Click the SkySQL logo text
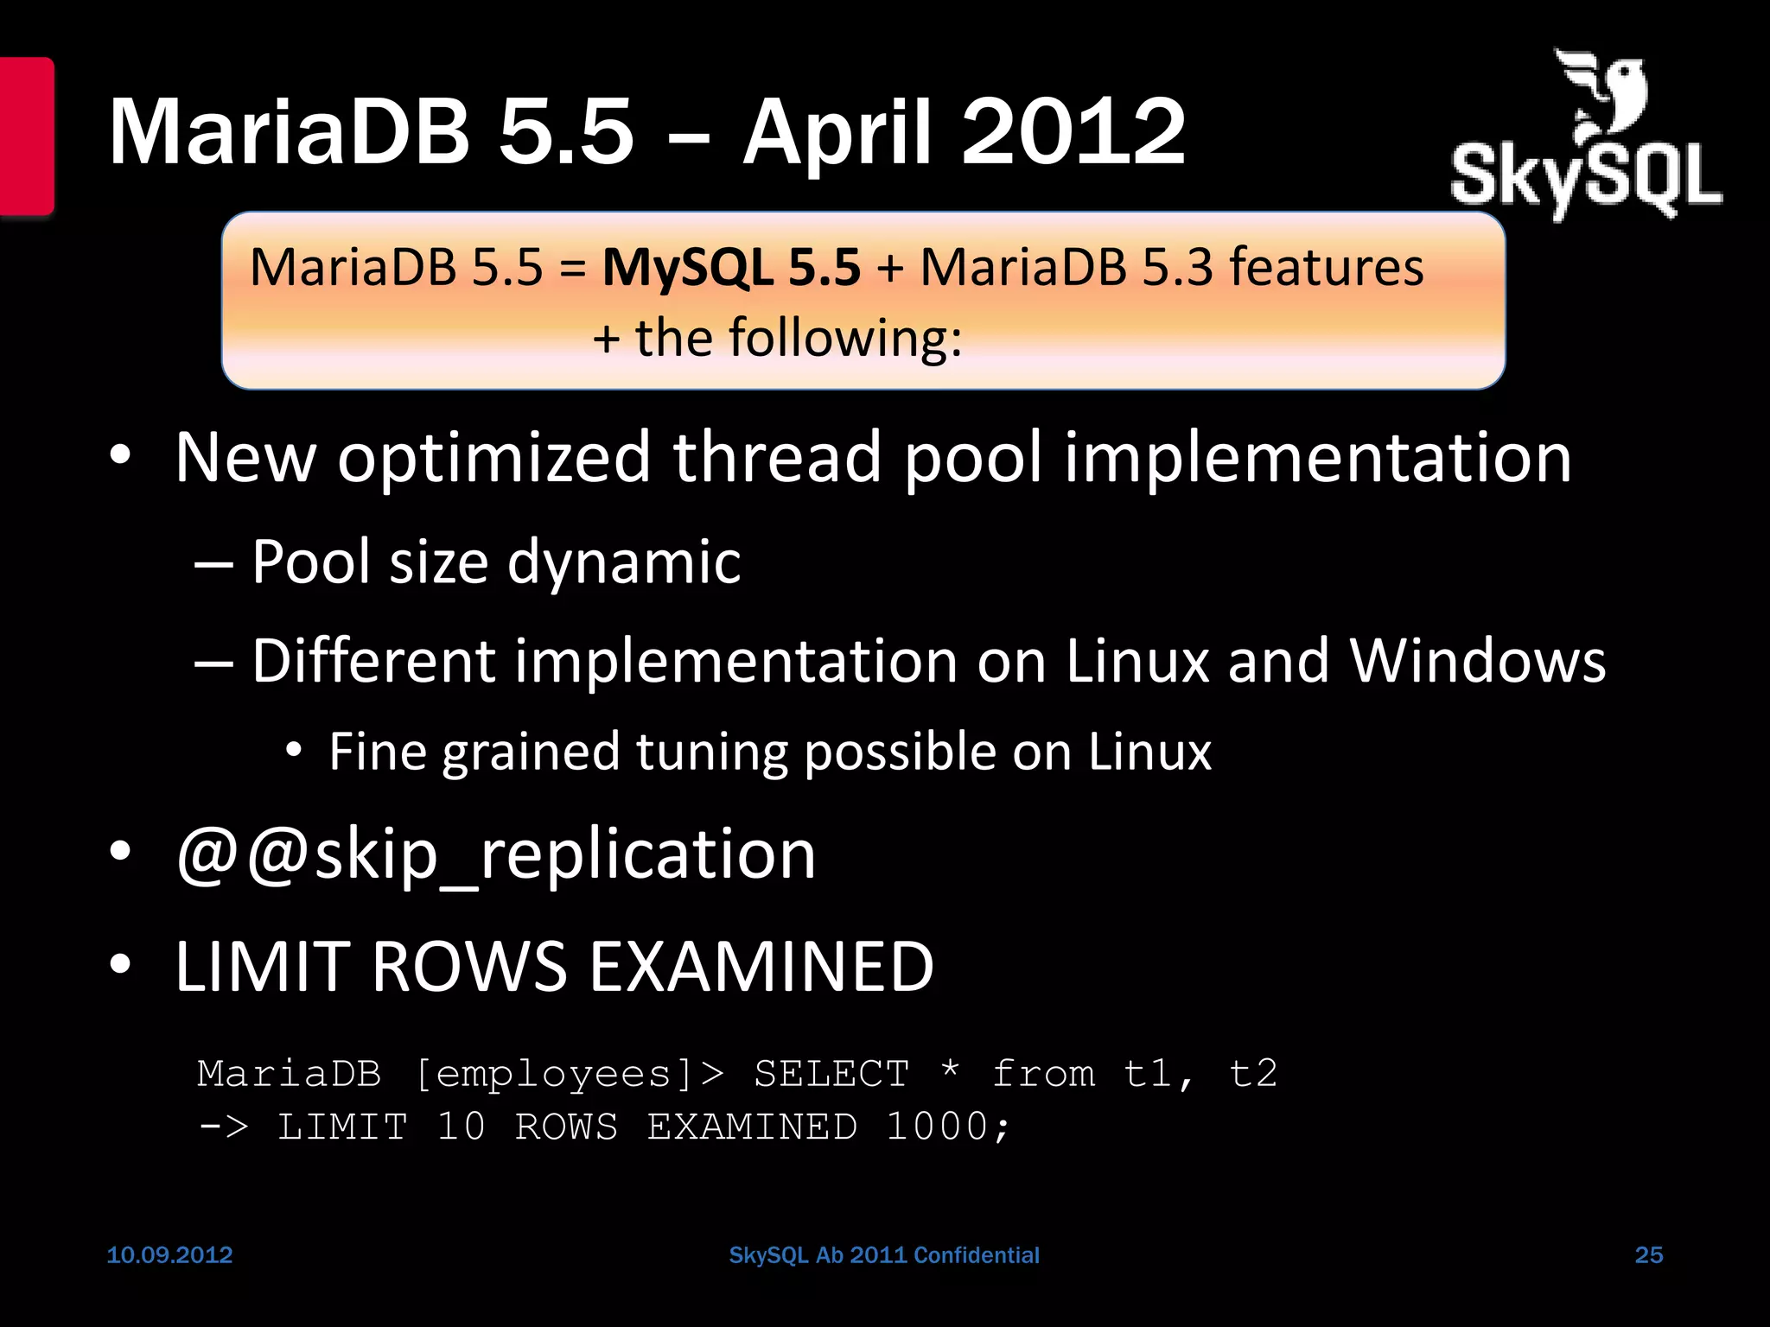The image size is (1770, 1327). (x=1585, y=178)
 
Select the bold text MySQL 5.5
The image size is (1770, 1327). (x=731, y=267)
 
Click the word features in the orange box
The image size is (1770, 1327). (x=1326, y=267)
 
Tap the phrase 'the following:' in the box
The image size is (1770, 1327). (x=798, y=338)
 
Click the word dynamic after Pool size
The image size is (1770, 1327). (x=623, y=562)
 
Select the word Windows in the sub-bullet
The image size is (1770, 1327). (x=1477, y=661)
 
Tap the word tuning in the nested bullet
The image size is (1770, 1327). (x=711, y=751)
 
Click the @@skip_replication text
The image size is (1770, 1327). (x=495, y=854)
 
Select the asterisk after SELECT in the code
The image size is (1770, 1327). (x=950, y=1071)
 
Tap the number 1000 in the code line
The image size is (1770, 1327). (x=937, y=1127)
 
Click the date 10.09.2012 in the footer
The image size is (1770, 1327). (x=169, y=1254)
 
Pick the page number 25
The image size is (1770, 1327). (x=1648, y=1254)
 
